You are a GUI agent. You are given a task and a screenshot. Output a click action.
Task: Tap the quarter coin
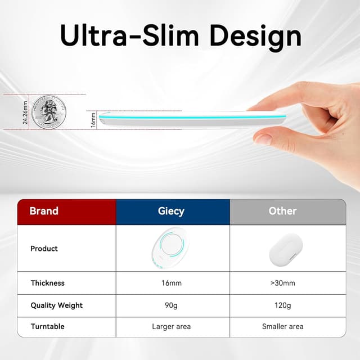pyautogui.click(x=49, y=112)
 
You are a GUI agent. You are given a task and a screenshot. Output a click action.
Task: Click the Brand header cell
pyautogui.click(x=44, y=211)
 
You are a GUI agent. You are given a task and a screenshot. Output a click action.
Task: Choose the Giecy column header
pyautogui.click(x=171, y=211)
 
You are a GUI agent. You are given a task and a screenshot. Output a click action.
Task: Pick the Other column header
pyautogui.click(x=282, y=211)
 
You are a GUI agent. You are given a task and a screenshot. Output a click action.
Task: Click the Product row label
pyautogui.click(x=44, y=248)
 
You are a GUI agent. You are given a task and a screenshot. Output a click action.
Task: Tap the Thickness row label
pyautogui.click(x=47, y=283)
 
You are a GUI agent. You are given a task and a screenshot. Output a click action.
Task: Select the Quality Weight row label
pyautogui.click(x=56, y=305)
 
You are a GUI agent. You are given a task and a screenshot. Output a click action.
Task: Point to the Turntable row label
pyautogui.click(x=47, y=326)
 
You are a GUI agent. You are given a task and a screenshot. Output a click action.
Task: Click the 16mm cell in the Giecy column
pyautogui.click(x=171, y=283)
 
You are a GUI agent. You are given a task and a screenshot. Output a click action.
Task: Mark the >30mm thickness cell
pyautogui.click(x=282, y=283)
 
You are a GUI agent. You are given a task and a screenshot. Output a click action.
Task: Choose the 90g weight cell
pyautogui.click(x=171, y=305)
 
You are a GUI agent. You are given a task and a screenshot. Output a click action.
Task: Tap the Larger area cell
pyautogui.click(x=171, y=326)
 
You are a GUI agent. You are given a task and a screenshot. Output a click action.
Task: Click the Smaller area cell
pyautogui.click(x=282, y=326)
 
